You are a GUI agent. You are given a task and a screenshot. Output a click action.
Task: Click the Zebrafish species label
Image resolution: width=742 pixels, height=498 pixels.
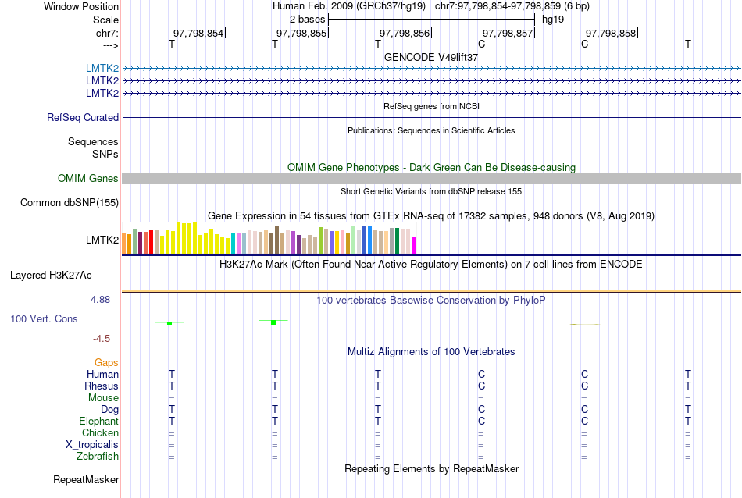coord(98,457)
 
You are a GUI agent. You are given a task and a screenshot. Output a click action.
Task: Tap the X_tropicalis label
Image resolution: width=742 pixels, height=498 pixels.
coord(92,445)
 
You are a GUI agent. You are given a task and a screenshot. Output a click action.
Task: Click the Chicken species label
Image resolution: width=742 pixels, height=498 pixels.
coord(100,433)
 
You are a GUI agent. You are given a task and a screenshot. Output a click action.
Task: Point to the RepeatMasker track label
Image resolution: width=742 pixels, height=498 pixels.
coord(86,479)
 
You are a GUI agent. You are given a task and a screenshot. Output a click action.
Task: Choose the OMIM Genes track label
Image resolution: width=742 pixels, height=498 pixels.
coord(88,179)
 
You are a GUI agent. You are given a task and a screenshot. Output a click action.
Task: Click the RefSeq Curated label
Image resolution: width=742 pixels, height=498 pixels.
coord(83,118)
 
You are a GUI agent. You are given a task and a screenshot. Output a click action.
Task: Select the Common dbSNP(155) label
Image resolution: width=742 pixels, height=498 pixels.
coord(70,203)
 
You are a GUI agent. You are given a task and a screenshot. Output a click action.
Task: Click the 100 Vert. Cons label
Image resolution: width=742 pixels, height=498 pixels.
coord(45,319)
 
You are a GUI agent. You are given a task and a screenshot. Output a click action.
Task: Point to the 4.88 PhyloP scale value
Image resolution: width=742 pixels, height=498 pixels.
coord(102,300)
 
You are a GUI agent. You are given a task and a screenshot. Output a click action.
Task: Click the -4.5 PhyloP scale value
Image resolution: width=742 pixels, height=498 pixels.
coord(102,339)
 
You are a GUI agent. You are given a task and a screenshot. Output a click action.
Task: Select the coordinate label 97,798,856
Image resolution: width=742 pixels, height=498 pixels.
coord(404,33)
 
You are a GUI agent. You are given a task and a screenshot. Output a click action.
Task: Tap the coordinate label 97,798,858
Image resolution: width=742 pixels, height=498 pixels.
coord(611,33)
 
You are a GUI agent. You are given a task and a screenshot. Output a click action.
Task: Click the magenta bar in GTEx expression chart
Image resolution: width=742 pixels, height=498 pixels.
coord(414,245)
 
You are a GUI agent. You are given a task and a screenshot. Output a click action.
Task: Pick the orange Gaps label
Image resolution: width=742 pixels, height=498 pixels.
coord(106,363)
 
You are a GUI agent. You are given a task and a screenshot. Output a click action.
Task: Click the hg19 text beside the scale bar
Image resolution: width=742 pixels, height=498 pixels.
coord(553,19)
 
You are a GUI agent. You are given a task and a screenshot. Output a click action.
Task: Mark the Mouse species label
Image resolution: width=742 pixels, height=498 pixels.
coord(103,398)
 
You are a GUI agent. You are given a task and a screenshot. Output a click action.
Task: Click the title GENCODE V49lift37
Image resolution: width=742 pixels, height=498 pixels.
coord(431,57)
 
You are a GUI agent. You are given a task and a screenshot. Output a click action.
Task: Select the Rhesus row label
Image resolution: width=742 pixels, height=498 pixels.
coord(102,386)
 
